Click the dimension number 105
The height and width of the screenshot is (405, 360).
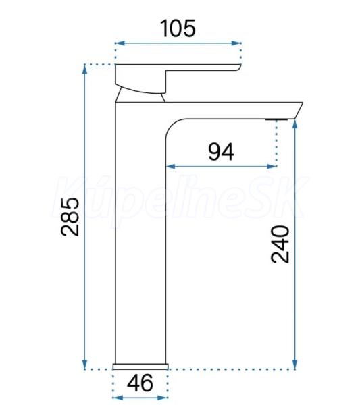tap(178, 28)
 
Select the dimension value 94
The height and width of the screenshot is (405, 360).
tap(221, 152)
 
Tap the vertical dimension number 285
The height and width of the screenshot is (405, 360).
tap(70, 217)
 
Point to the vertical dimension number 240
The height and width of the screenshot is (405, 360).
tap(280, 244)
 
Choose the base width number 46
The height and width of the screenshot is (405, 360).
tap(140, 383)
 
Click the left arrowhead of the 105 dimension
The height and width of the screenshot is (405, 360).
tap(120, 43)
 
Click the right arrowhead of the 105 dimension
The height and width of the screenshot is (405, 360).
tap(236, 43)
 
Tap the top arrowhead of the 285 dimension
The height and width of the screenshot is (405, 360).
tap(84, 69)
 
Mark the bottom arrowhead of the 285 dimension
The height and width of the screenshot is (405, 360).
tap(84, 364)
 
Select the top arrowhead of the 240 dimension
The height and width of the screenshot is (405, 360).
tap(295, 124)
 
